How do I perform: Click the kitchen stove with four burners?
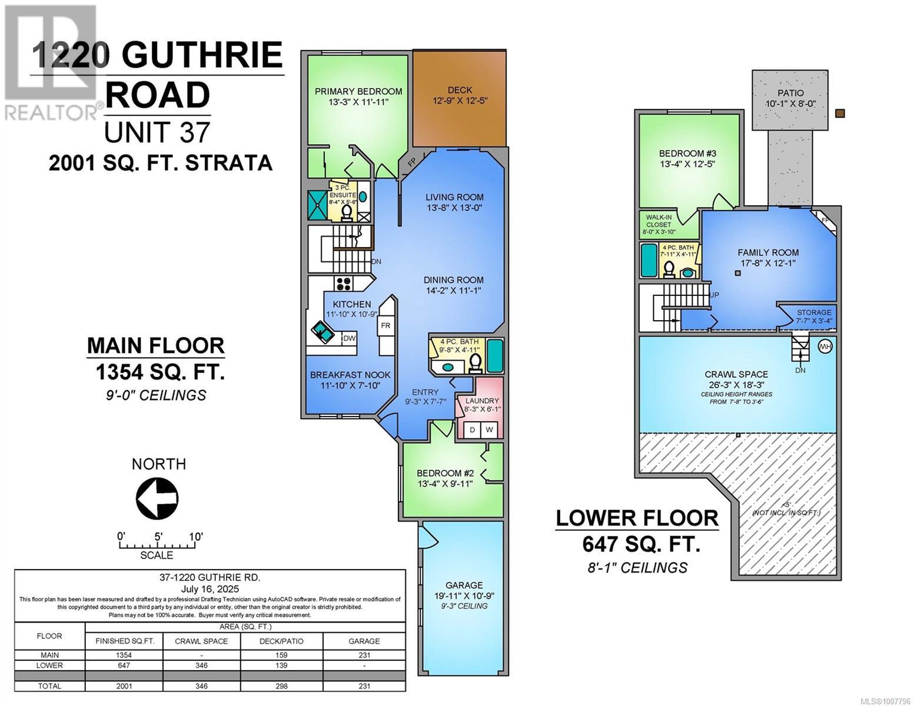(x=344, y=284)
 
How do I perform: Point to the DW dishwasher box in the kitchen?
(x=349, y=338)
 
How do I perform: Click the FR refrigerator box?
(x=385, y=325)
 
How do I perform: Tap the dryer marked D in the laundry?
(x=472, y=430)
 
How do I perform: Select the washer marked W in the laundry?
(x=489, y=430)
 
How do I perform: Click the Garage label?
(x=464, y=585)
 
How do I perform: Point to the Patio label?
(x=790, y=93)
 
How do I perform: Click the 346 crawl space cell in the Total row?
(x=201, y=686)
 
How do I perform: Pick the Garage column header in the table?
(x=364, y=641)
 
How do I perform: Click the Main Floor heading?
(x=155, y=346)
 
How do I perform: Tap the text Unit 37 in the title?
(x=157, y=132)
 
